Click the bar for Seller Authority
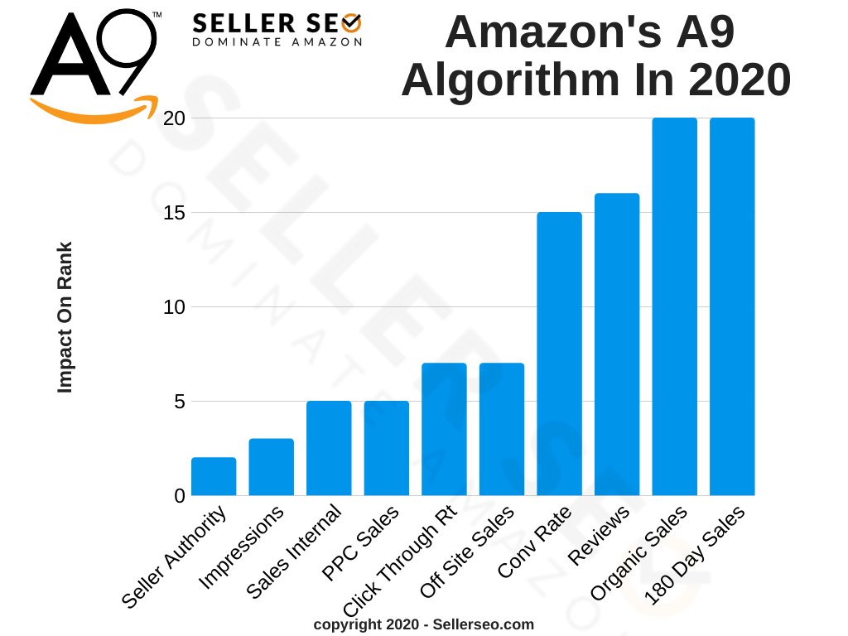214,477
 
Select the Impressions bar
272,467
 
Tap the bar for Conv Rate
559,354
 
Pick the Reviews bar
617,344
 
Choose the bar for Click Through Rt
444,429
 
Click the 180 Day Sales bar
732,306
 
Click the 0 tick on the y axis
176,496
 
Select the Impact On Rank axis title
65,317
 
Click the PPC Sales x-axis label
361,546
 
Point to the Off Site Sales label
468,553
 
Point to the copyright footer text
423,624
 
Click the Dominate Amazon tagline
277,41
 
